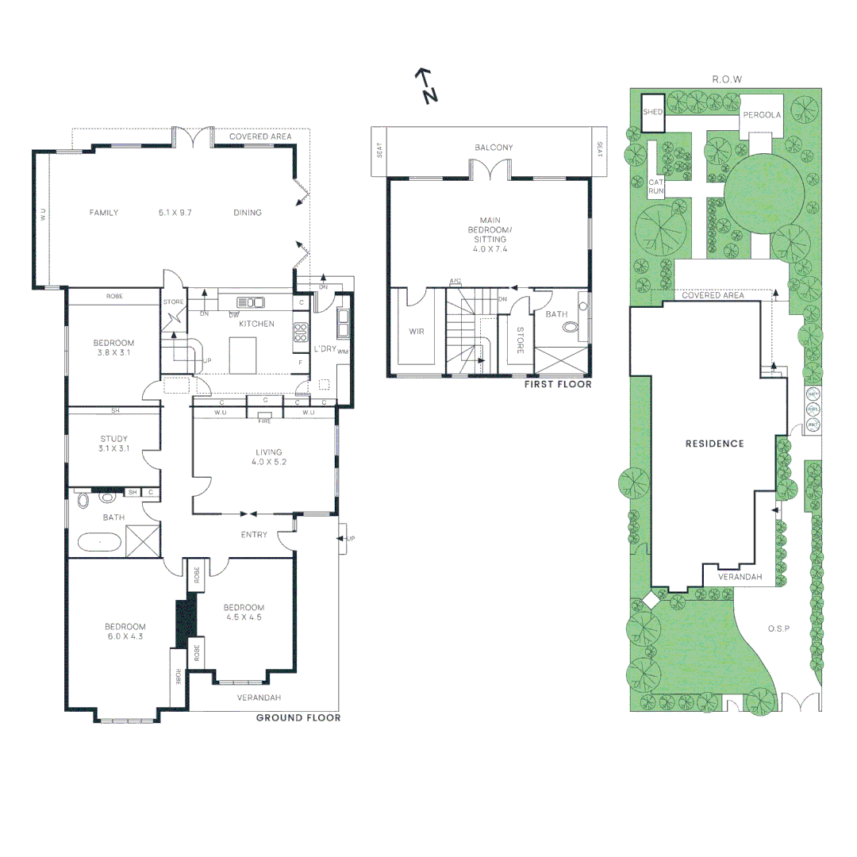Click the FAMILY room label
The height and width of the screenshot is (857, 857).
tap(103, 213)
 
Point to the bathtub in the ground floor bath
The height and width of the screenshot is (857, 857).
tap(99, 543)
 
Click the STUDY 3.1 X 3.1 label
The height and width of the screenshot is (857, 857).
tap(113, 444)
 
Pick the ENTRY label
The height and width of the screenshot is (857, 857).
tap(254, 535)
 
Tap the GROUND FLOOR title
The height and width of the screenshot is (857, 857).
tap(298, 718)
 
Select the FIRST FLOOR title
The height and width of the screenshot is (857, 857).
tap(558, 385)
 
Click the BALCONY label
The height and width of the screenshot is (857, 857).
tap(494, 148)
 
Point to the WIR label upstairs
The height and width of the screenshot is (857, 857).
tap(417, 331)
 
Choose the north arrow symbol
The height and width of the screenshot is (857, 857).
tap(427, 86)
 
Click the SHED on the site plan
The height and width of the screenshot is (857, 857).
tap(652, 113)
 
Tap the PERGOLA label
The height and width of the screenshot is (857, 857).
tap(762, 115)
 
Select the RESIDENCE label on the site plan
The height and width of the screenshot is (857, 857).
tap(714, 444)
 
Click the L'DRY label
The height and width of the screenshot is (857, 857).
tap(325, 349)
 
